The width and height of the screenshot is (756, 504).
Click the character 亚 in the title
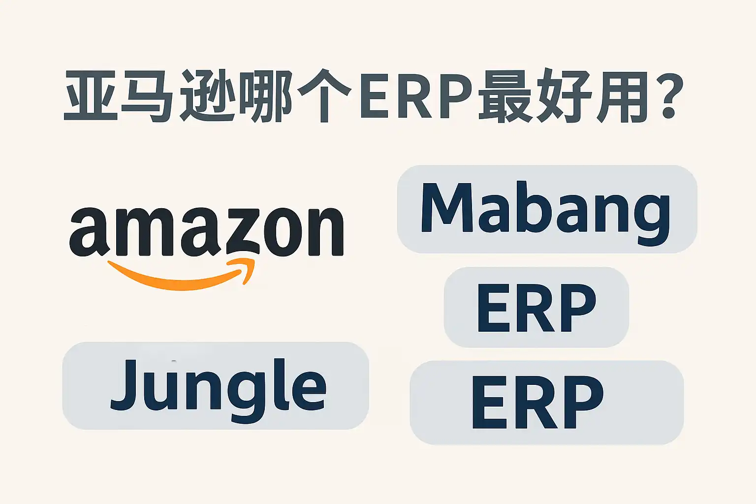[91, 96]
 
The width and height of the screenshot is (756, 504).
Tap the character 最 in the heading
[504, 96]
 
